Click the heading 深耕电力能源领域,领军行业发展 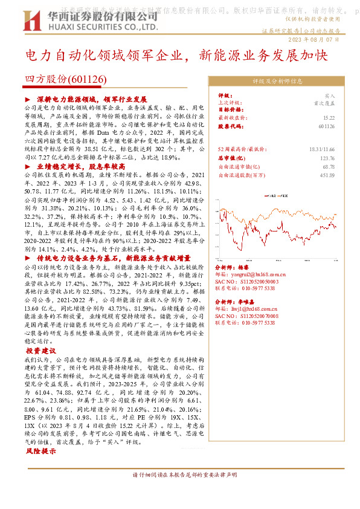tap(91, 99)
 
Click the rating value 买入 tap(329, 96)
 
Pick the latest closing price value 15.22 tap(329, 118)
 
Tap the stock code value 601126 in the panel tap(326, 126)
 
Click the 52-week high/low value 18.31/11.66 tap(322, 149)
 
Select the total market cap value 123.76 tap(327, 158)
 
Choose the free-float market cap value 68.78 tap(329, 166)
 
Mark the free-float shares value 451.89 tap(326, 175)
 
